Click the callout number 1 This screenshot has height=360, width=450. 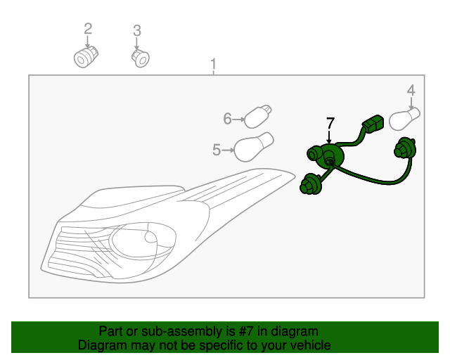coord(213,65)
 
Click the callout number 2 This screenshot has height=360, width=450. coord(88,29)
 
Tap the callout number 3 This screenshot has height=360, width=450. coord(137,30)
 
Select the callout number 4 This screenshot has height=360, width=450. coord(411,90)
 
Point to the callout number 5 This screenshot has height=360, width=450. coord(216,149)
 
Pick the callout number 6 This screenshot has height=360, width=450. coord(227,119)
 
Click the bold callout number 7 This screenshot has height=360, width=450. coord(329,124)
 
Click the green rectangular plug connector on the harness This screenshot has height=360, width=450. coord(372,127)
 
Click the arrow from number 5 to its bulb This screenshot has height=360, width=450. coord(227,149)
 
